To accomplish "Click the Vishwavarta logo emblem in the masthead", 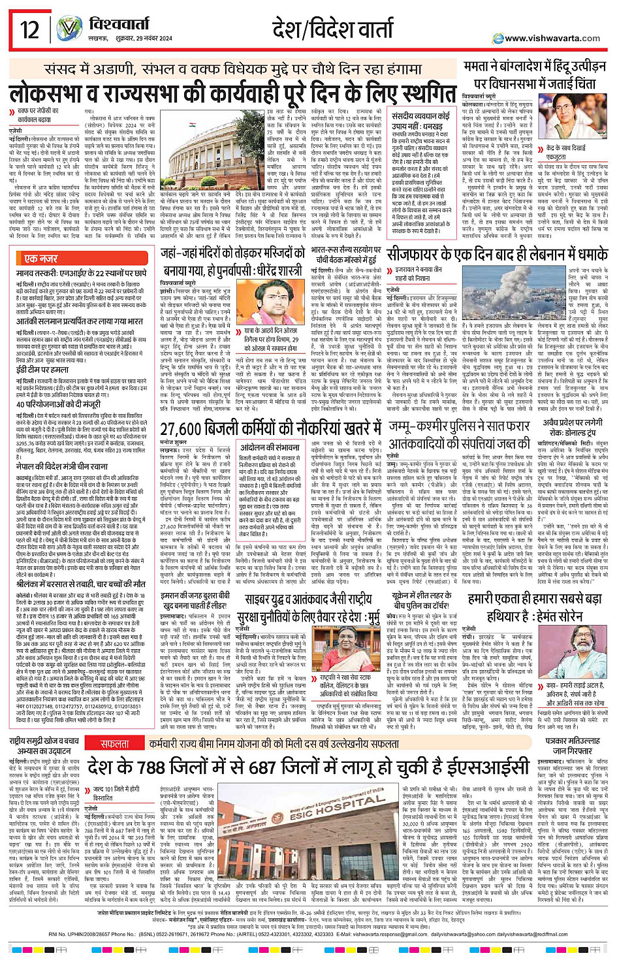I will (69, 29).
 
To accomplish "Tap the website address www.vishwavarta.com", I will (552, 38).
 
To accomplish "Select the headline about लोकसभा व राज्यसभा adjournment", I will (232, 93).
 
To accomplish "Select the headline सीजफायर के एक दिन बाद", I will (496, 254).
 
